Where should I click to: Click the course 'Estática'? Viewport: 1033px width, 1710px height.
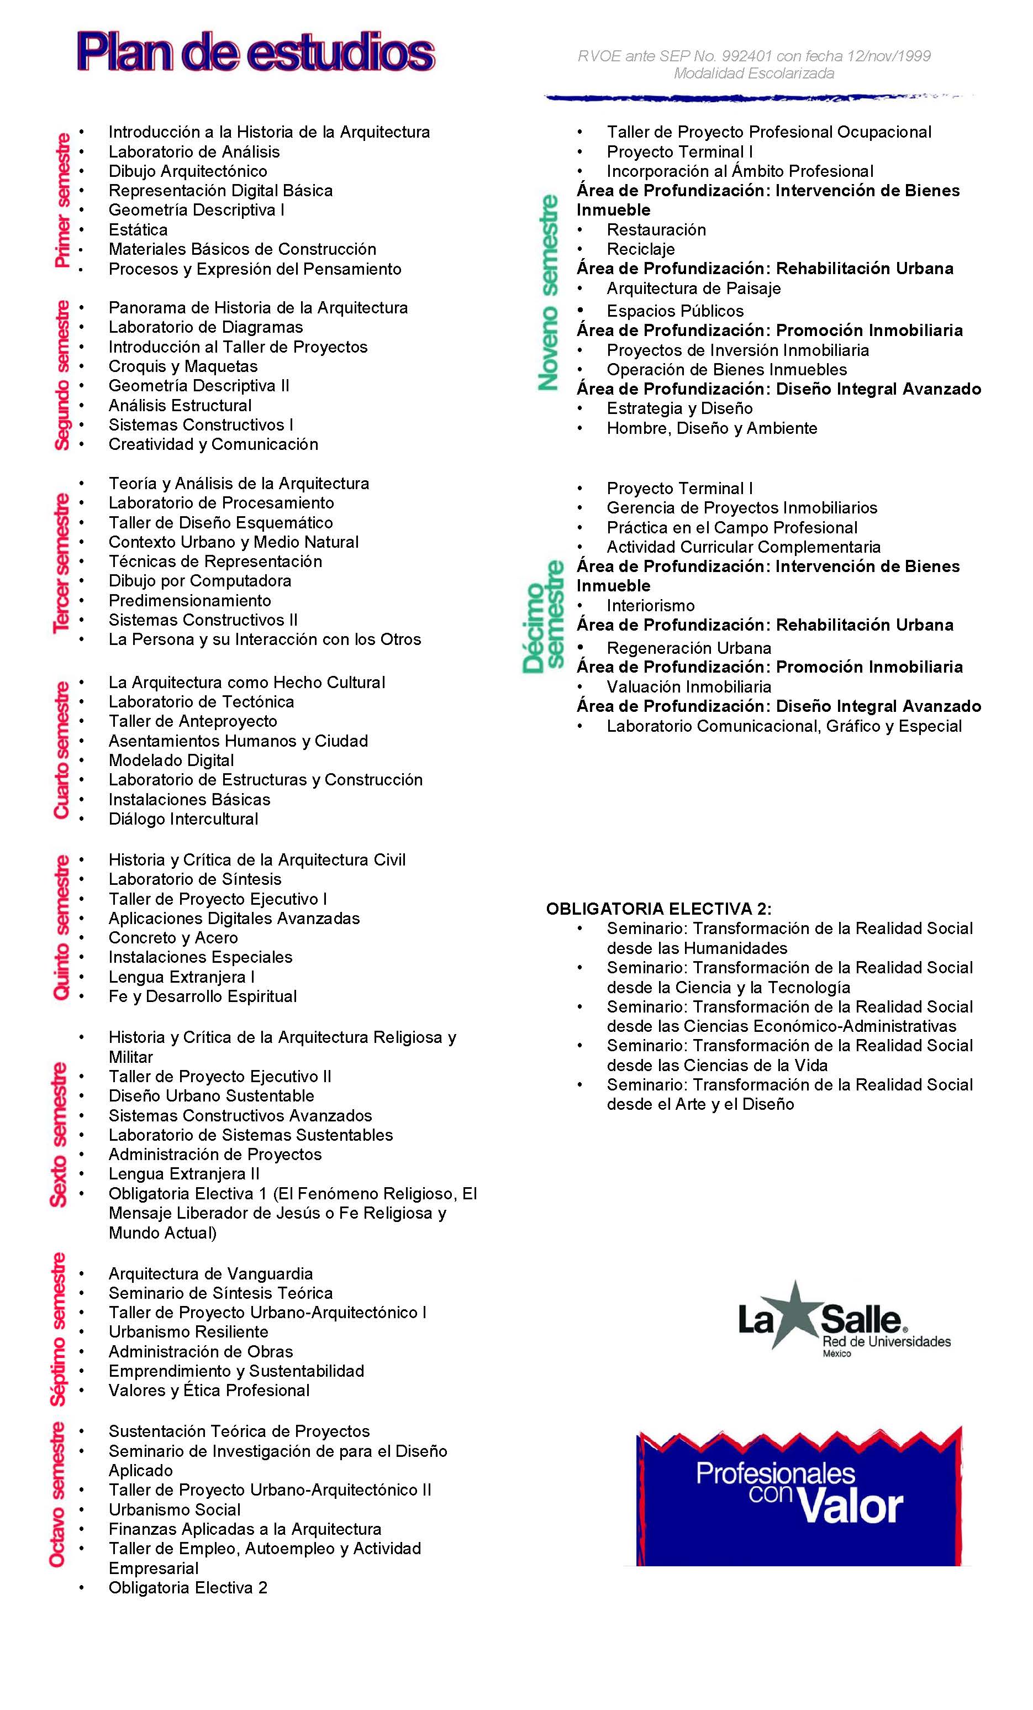point(138,230)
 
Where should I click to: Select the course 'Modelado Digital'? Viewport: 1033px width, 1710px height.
point(171,760)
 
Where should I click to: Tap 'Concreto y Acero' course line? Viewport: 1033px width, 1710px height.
point(173,938)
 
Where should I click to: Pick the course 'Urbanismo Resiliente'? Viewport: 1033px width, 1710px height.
point(188,1332)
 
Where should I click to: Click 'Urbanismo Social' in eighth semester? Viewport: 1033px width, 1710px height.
point(174,1509)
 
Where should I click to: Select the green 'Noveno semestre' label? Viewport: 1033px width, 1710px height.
point(548,291)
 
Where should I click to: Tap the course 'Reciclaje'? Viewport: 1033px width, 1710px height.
point(640,249)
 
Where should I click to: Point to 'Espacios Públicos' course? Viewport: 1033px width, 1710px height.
point(675,311)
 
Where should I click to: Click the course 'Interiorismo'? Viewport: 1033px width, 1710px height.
point(650,606)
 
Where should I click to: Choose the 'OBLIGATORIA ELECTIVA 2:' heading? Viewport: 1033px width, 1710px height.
point(658,909)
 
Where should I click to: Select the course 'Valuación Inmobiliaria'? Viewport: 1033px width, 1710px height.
point(689,687)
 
